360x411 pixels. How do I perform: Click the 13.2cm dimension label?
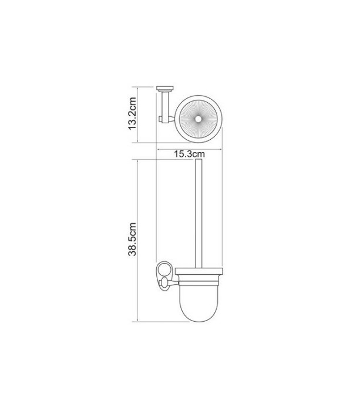[133, 113]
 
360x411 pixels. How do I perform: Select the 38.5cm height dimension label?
[132, 238]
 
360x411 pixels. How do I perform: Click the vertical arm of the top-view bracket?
[165, 106]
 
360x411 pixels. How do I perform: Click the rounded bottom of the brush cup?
[200, 317]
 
